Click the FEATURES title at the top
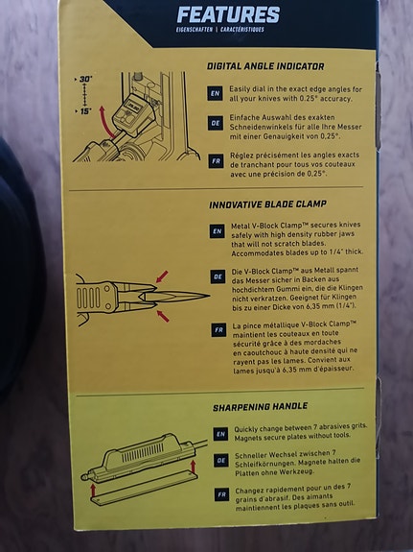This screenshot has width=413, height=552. click(x=228, y=14)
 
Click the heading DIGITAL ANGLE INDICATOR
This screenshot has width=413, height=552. click(x=265, y=66)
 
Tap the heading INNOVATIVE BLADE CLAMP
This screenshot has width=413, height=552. click(x=268, y=204)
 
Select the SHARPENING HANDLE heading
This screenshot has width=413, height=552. click(x=260, y=407)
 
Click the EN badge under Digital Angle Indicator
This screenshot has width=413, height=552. click(x=215, y=94)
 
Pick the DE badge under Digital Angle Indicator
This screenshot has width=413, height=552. click(x=215, y=123)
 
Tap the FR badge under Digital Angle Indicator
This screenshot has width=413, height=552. click(x=216, y=161)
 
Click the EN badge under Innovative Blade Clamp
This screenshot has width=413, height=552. click(x=217, y=231)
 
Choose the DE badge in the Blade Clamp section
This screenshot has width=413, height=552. click(x=218, y=276)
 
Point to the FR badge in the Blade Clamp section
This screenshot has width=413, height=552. click(x=218, y=330)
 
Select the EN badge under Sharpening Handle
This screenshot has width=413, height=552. click(x=220, y=434)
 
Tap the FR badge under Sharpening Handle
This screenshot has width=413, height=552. click(x=221, y=493)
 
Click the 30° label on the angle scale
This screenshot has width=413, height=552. click(x=85, y=80)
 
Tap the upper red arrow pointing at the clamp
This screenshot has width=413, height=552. click(x=162, y=276)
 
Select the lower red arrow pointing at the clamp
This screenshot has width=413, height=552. click(x=163, y=316)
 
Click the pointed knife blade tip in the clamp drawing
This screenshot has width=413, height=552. click(x=210, y=296)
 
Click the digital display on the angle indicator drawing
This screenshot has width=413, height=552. click(x=133, y=106)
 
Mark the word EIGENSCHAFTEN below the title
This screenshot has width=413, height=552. click(x=195, y=30)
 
